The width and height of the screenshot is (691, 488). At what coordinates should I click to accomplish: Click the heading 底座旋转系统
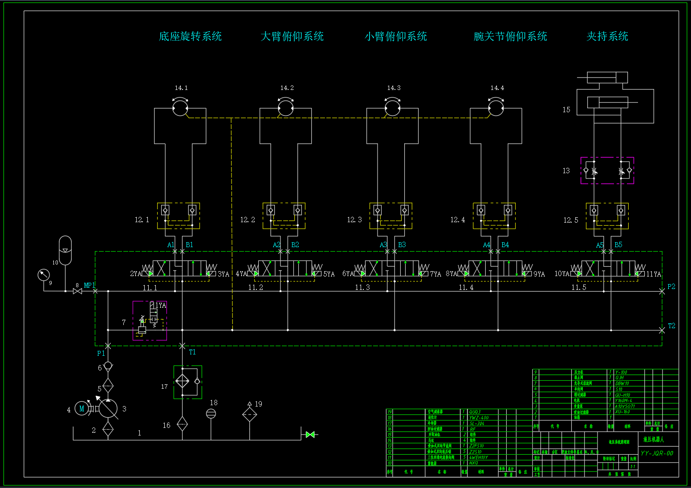coord(190,37)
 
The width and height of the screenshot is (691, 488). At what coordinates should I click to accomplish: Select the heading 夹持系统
coord(607,37)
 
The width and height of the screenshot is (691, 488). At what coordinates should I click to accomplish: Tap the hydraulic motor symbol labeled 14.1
coord(180,108)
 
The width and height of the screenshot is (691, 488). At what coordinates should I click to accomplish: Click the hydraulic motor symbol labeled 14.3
coord(392,108)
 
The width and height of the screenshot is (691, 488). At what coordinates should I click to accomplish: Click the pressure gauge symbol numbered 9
coord(44,275)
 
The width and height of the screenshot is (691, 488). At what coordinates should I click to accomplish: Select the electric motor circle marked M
coord(82,408)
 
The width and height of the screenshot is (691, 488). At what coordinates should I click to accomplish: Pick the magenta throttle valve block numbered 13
coord(607,171)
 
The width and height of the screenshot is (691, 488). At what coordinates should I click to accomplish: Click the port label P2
coord(671,287)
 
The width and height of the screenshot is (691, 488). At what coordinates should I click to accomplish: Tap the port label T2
coord(671,326)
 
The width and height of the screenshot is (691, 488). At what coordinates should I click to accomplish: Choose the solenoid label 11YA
coord(654,274)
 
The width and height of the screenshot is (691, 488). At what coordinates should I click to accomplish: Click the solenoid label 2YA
coord(135,274)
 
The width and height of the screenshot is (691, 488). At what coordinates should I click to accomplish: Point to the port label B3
coord(402,245)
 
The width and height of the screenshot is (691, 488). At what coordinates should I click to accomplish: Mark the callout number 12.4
coord(457,220)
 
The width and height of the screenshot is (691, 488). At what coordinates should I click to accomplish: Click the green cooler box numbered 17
coord(187,382)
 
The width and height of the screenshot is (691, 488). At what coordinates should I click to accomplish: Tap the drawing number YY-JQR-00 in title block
coord(657,453)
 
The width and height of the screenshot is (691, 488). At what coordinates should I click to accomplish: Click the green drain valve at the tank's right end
coord(310,434)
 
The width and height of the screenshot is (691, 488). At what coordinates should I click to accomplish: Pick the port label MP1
coord(89,285)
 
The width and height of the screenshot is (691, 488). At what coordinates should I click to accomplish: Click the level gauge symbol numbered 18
coord(211,414)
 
